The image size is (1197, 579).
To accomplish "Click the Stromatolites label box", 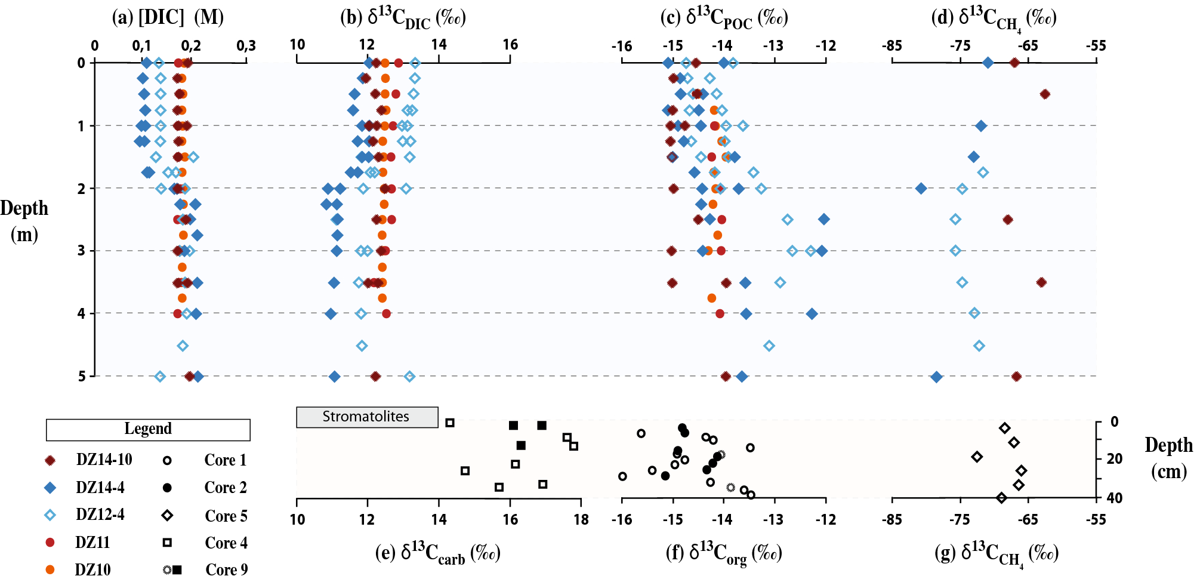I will click(366, 417).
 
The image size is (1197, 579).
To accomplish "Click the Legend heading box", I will click(148, 429).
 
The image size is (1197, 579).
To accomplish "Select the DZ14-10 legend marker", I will click(51, 460).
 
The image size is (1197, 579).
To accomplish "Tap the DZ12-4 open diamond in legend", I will click(51, 515).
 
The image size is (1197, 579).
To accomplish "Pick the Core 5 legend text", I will click(226, 516).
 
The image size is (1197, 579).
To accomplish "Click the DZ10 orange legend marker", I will click(51, 570).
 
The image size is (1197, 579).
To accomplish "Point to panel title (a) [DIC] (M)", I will click(168, 17).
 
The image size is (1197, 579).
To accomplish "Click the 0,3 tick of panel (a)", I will click(246, 45).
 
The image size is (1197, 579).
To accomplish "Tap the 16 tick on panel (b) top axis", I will click(510, 45).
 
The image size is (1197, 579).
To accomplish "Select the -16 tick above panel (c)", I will click(622, 46).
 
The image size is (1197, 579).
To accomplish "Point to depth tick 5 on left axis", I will click(82, 376).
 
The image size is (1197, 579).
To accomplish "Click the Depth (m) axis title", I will click(24, 221).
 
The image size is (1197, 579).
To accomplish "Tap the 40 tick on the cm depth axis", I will click(1114, 498).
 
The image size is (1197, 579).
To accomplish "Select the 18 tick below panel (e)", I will click(581, 519).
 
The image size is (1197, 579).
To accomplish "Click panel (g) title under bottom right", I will click(996, 553).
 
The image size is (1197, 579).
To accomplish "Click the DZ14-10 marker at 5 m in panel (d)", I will click(1017, 377).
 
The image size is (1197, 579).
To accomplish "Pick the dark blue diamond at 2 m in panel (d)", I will click(921, 189).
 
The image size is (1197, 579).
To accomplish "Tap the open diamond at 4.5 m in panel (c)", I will click(769, 346).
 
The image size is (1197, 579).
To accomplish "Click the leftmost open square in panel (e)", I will click(450, 423).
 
